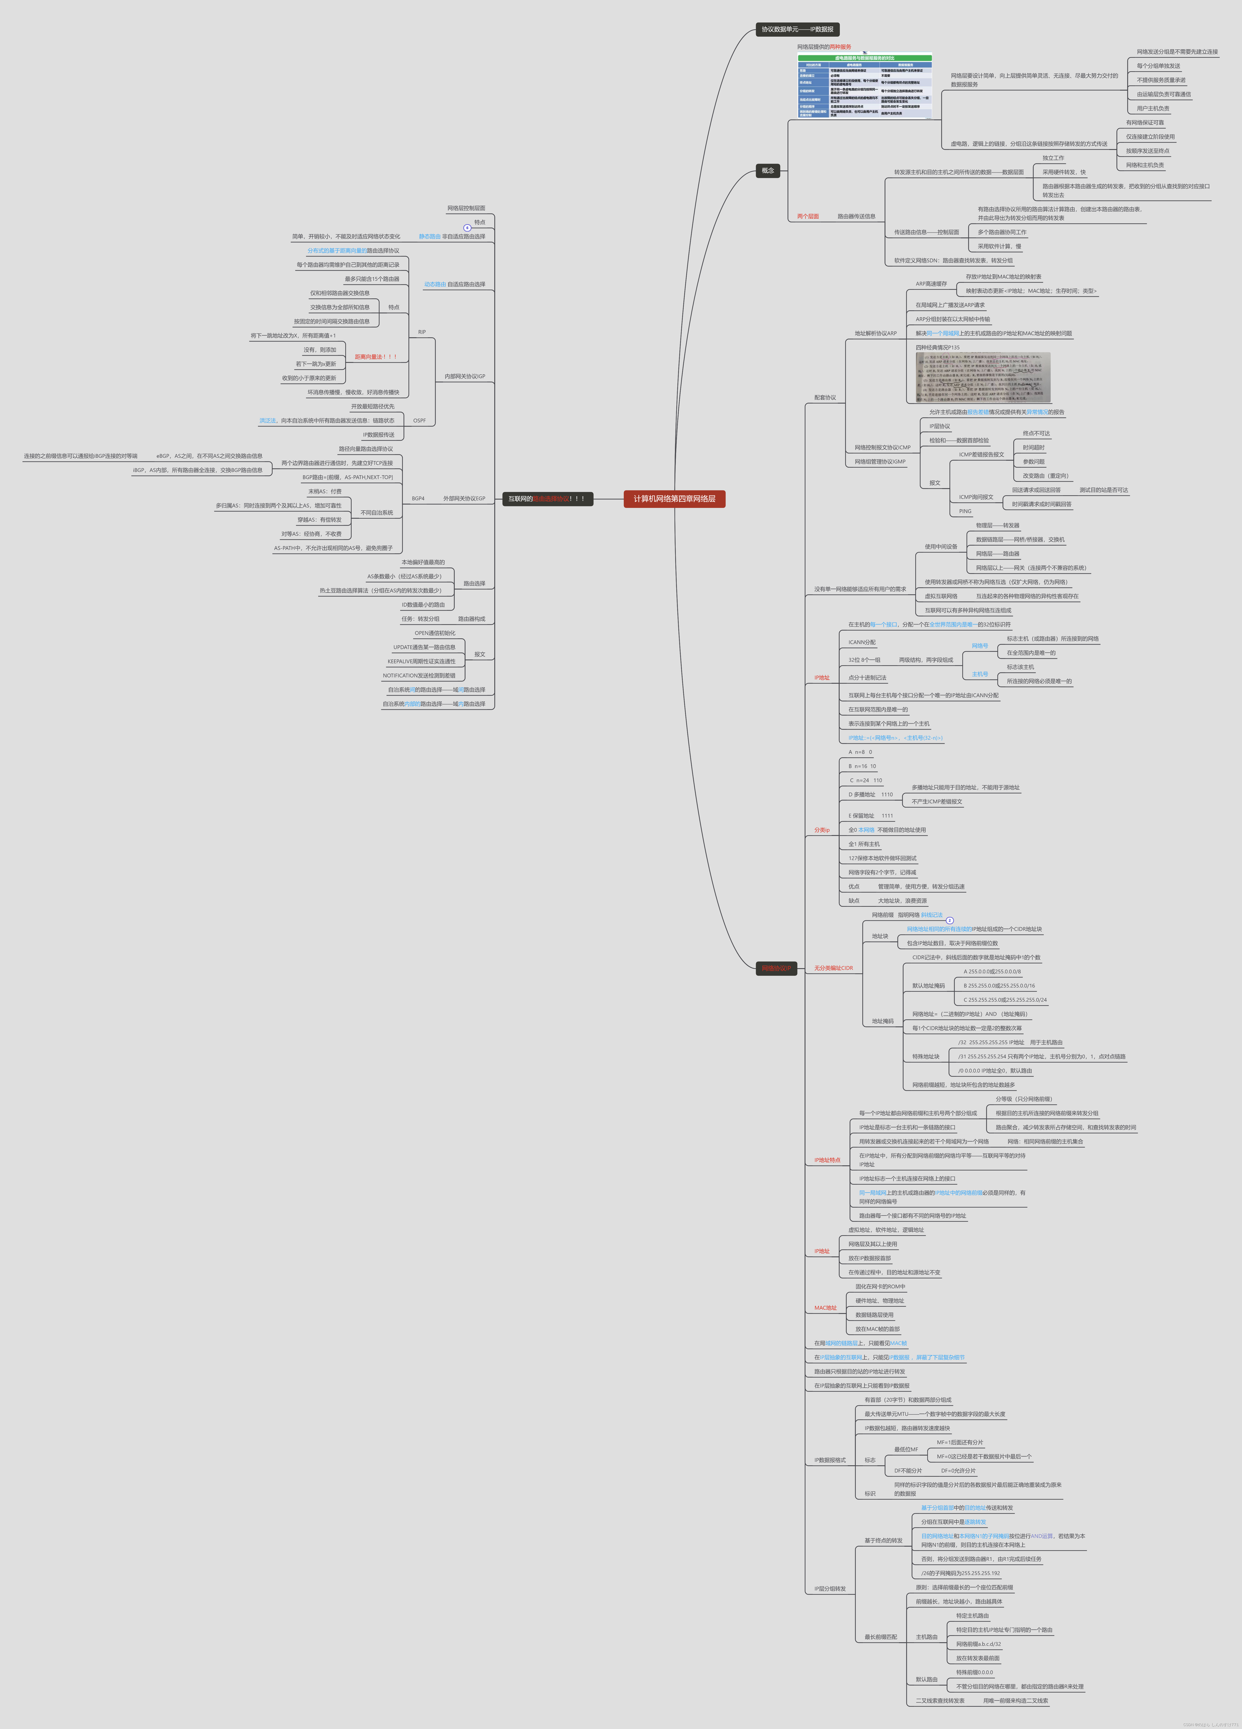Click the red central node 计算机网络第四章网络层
(x=674, y=498)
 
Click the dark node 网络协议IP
(x=776, y=968)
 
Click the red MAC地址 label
(x=825, y=1307)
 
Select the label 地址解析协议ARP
(x=875, y=333)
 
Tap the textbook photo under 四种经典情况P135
(x=983, y=377)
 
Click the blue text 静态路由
(x=429, y=236)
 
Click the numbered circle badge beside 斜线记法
(x=949, y=920)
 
